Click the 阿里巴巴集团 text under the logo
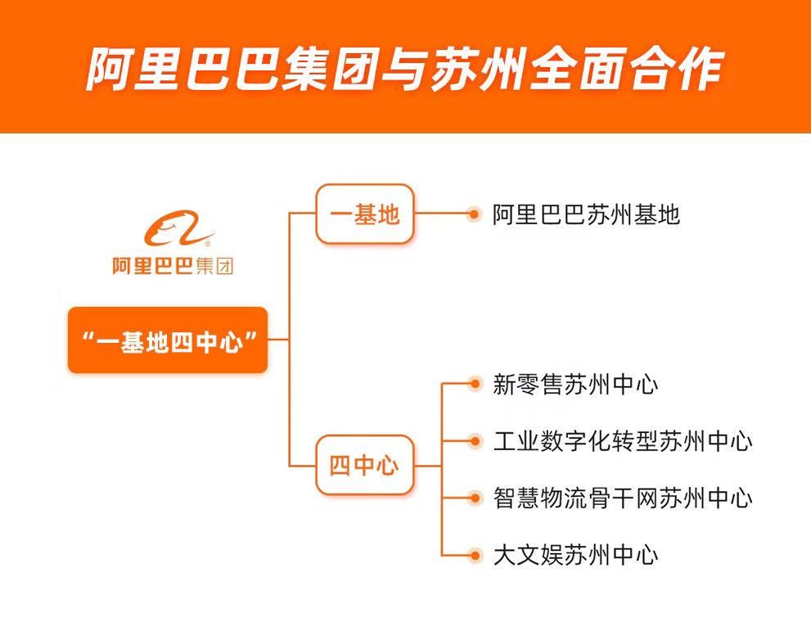pos(173,266)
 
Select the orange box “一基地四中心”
pos(168,340)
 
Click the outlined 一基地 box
pos(364,214)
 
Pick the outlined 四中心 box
pos(364,465)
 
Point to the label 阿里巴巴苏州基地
pos(586,214)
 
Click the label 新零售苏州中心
pos(575,384)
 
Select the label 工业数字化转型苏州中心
pos(623,441)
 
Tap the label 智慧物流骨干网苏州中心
pos(623,498)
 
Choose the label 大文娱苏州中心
pos(575,556)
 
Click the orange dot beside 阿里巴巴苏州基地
pos(473,214)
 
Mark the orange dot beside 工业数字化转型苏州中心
pos(473,441)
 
